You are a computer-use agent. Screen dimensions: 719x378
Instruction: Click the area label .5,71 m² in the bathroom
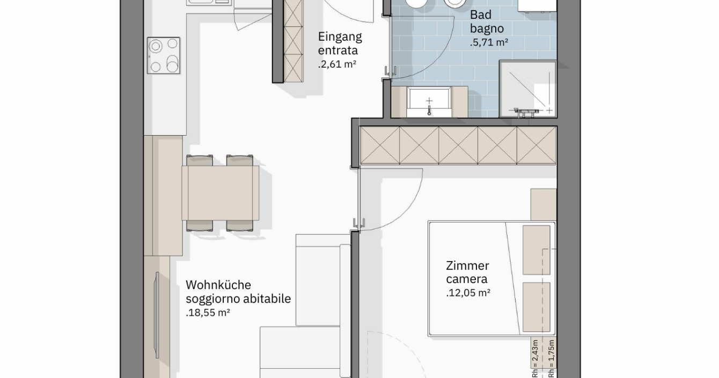(489, 42)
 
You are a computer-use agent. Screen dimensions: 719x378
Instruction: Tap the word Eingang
(340, 37)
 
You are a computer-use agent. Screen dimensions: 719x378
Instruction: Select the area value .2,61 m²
(337, 64)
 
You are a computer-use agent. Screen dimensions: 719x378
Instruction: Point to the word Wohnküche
(218, 285)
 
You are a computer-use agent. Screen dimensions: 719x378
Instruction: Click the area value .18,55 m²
(208, 313)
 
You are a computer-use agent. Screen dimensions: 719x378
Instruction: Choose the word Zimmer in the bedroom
(467, 266)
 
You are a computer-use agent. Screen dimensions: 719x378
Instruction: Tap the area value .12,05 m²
(468, 293)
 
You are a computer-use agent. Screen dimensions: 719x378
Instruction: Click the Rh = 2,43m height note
(535, 359)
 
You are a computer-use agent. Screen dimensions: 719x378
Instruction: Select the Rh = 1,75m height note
(551, 359)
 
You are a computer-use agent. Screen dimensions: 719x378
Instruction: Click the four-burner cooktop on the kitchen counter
(163, 55)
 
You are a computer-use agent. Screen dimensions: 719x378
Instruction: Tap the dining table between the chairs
(221, 193)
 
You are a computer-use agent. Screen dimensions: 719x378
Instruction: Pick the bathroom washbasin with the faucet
(429, 102)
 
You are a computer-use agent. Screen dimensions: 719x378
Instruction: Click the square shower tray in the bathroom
(528, 89)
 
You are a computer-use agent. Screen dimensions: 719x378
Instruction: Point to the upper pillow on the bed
(537, 250)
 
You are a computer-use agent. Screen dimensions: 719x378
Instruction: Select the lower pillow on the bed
(537, 307)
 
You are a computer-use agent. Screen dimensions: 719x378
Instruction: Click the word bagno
(487, 29)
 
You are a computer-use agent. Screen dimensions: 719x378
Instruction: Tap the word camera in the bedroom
(467, 279)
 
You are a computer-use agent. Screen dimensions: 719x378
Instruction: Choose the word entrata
(338, 50)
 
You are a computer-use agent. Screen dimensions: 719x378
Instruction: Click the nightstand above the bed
(544, 205)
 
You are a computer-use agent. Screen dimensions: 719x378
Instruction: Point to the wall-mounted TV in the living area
(157, 315)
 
